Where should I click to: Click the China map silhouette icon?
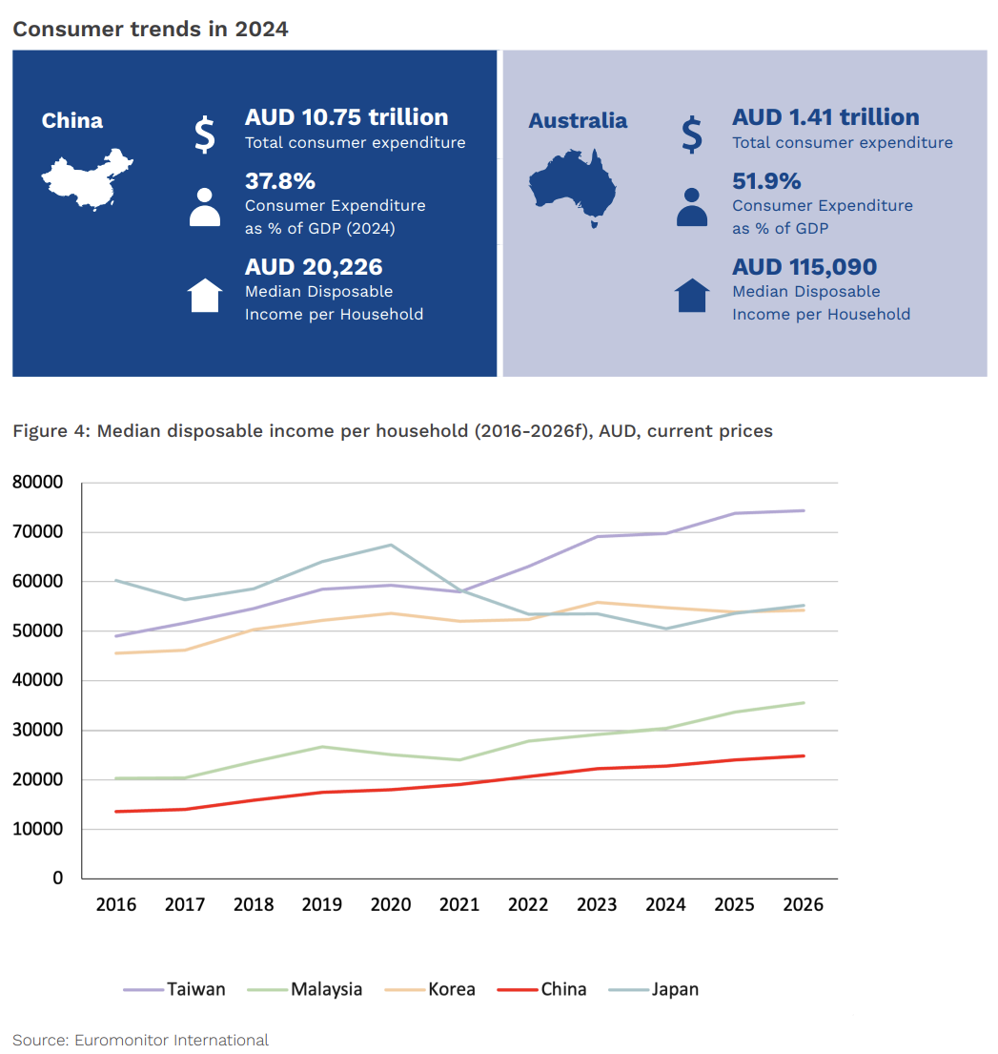(x=86, y=178)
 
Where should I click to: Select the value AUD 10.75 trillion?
(x=346, y=117)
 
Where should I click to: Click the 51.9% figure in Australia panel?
(x=766, y=181)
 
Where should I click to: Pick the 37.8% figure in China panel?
(x=279, y=181)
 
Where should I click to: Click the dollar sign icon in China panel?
(x=204, y=134)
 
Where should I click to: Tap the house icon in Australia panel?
(x=692, y=296)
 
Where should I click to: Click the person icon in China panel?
(x=204, y=207)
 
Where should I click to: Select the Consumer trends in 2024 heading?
(x=150, y=30)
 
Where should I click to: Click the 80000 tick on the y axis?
(x=38, y=483)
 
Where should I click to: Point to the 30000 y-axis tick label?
(x=38, y=731)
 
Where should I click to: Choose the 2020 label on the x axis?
(x=391, y=904)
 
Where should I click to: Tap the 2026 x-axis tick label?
(x=803, y=904)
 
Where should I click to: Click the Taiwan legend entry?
(x=175, y=989)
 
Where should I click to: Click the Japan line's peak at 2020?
(x=391, y=545)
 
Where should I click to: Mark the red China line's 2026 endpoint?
(x=804, y=756)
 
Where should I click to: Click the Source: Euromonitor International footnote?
(x=140, y=1040)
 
